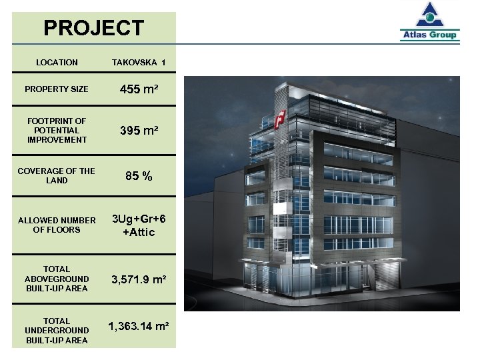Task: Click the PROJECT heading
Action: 93,28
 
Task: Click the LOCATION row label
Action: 57,63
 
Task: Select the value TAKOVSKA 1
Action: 139,63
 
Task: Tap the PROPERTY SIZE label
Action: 57,89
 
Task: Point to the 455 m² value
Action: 139,89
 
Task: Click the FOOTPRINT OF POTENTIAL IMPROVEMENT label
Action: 57,130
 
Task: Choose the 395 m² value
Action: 139,131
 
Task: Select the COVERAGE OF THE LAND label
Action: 57,175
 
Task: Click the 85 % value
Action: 139,177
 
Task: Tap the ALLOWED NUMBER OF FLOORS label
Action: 57,225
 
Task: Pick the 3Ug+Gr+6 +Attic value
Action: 139,225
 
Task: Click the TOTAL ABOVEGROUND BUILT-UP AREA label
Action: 57,279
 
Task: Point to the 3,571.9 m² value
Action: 139,279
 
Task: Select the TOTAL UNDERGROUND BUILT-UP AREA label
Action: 57,330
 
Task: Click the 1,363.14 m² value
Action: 139,326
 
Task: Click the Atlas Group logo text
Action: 429,35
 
